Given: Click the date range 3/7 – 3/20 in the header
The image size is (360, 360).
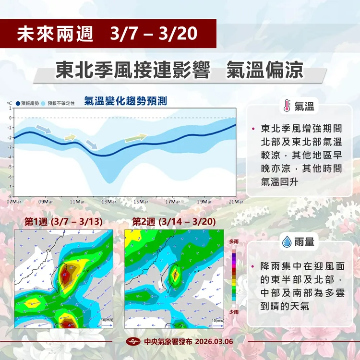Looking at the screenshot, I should tap(153, 34).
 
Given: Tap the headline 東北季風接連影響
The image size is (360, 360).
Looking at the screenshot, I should tap(133, 70).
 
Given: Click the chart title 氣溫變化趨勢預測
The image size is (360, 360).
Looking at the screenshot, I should tap(125, 101).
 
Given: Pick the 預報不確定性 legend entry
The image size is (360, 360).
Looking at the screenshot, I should tap(60, 103).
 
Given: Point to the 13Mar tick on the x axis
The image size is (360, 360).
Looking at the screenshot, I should tap(109, 201).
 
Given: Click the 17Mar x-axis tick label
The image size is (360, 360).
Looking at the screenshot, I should tap(173, 201).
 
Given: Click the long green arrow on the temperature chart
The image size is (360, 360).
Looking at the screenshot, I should tap(135, 138).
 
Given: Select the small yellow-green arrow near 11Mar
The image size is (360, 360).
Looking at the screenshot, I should tap(70, 138).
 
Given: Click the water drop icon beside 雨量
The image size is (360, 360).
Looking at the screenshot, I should tap(287, 242).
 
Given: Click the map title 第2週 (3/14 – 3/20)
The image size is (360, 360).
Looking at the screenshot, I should tap(173, 222).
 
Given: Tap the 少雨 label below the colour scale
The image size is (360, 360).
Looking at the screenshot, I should tap(233, 311).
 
